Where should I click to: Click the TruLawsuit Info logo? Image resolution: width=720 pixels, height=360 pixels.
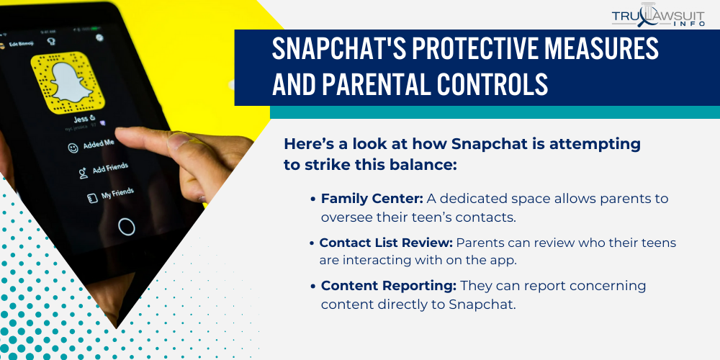point(659,15)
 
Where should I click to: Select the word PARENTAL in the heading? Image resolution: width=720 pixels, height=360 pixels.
point(388,85)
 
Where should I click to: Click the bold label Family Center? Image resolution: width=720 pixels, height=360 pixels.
point(372,199)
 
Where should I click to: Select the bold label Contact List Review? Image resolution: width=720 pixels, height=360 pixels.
point(385,243)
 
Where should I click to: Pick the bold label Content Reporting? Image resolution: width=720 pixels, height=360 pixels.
point(388,286)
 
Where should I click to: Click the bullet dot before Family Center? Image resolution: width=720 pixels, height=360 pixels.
point(313,199)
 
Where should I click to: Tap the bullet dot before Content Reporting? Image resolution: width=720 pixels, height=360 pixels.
point(313,287)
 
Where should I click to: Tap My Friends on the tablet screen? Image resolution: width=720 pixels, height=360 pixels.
point(116,194)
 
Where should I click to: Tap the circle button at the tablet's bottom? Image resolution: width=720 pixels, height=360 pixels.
point(126,227)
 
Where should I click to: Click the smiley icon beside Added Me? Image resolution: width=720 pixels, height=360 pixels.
point(73,148)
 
